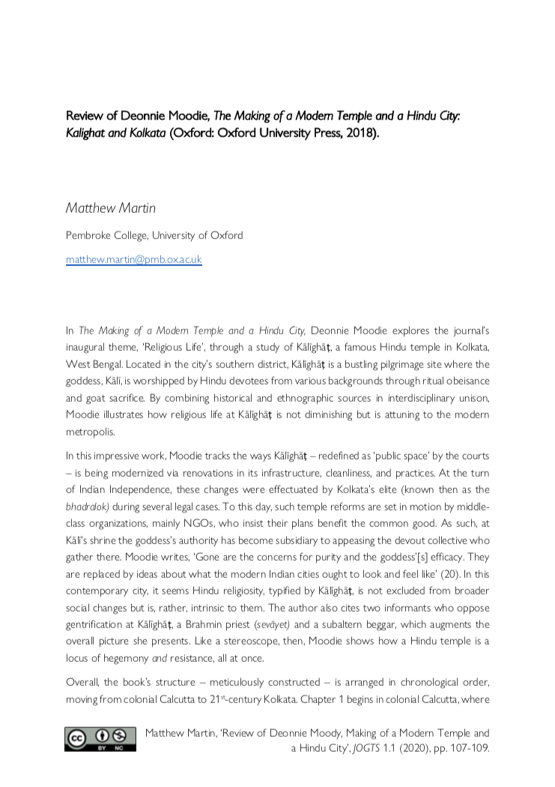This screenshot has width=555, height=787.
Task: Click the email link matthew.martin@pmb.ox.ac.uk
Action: [134, 260]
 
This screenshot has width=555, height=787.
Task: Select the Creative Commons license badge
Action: [100, 738]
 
